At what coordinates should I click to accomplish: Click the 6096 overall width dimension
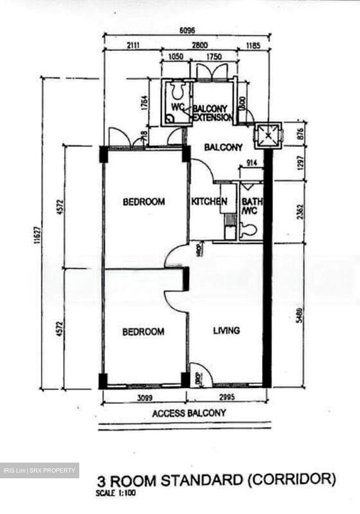click(187, 31)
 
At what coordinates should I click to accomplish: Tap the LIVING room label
click(226, 331)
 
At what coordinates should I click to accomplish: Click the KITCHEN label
click(209, 201)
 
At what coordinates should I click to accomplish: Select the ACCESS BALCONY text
click(189, 413)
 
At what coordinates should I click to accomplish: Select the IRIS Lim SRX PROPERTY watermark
click(39, 470)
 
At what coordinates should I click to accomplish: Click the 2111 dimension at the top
click(132, 45)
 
